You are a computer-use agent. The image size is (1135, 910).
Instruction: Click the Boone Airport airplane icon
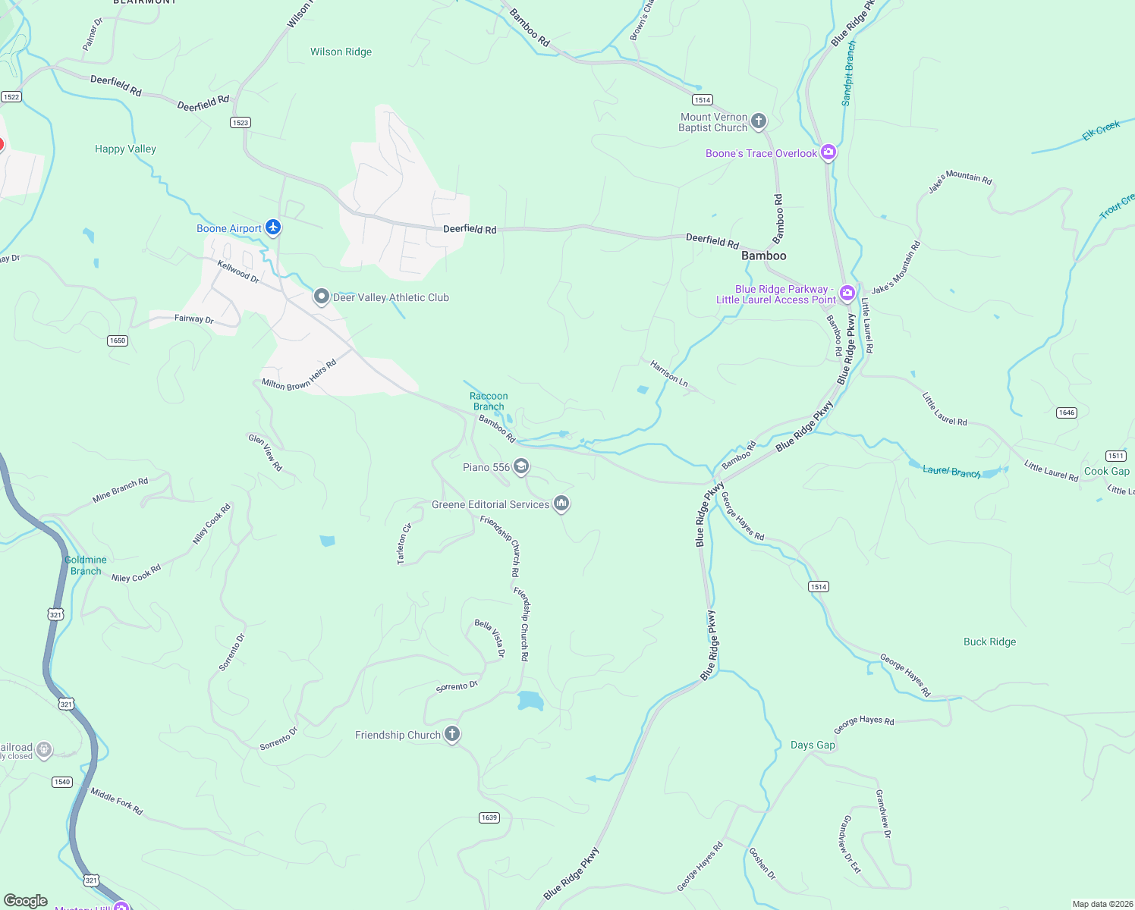273,227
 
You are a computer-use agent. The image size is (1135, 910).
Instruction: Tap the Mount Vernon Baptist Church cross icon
758,121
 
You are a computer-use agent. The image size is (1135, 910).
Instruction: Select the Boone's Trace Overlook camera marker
828,152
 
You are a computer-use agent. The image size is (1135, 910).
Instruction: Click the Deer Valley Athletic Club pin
322,297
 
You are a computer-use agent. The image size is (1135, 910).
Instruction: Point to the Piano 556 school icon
521,466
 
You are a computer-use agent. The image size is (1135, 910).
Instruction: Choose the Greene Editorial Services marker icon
561,503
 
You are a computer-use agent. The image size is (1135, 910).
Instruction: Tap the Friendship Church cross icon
452,733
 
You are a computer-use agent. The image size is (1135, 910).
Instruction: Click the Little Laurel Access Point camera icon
847,293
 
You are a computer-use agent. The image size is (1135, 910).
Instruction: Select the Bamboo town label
763,256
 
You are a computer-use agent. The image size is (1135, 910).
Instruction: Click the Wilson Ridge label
341,52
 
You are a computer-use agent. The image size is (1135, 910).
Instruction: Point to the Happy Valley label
125,149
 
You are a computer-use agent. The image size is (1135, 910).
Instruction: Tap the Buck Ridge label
989,642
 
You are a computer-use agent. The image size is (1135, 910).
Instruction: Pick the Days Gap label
813,745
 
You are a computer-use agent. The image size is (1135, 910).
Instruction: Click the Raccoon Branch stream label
489,401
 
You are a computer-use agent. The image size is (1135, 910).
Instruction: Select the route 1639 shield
489,817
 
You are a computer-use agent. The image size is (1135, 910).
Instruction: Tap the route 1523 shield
241,122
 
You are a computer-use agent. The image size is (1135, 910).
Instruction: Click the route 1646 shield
1067,413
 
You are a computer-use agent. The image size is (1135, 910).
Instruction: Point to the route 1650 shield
118,340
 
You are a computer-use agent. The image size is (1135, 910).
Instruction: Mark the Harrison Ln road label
669,374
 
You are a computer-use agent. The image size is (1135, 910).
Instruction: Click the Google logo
26,900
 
